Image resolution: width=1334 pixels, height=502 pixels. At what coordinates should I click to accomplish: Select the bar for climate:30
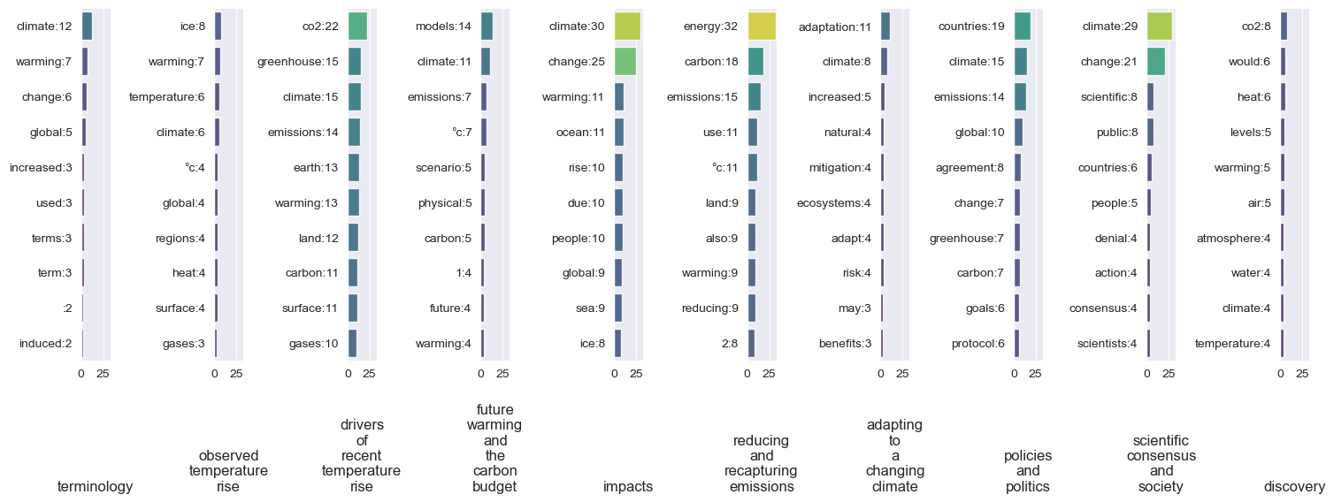pos(627,27)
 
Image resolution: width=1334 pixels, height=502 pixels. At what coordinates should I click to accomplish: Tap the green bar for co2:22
pos(357,27)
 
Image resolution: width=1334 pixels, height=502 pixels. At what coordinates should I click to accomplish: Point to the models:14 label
pos(443,27)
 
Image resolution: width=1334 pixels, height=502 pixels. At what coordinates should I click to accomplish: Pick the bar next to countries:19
pos(1022,27)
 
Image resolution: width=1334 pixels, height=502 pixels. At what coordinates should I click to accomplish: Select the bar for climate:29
pos(1159,27)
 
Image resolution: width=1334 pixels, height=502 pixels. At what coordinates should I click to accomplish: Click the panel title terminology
pos(95,486)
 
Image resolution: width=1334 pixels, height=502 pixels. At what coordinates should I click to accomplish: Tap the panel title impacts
pos(628,486)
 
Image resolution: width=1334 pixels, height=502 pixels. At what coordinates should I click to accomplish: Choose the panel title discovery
pos(1294,486)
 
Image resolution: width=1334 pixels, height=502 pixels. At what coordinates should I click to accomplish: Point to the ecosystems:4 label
pos(834,202)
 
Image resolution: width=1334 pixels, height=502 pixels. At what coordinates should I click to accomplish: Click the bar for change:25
pos(625,62)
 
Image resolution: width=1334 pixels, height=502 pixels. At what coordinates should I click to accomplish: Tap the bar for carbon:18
pos(755,62)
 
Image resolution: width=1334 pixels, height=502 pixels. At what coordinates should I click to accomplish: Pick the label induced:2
pos(45,344)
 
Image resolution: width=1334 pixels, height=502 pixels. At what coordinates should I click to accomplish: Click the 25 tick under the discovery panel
pos(1302,374)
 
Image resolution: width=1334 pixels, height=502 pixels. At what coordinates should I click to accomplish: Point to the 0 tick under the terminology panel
pos(81,374)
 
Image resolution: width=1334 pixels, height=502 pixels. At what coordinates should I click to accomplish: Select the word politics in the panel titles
pos(1027,486)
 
